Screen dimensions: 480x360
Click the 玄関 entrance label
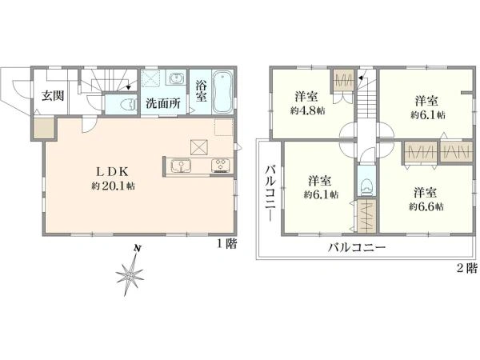53,96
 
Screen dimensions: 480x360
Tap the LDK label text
112,172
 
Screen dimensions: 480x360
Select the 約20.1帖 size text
113,186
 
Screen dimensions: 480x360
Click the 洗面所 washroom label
163,103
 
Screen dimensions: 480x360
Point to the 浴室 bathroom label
201,90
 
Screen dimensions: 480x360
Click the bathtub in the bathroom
223,92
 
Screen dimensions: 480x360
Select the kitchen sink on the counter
182,167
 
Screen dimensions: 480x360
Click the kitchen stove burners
221,166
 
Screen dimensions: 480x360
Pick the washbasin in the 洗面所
175,78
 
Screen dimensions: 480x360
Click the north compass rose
130,271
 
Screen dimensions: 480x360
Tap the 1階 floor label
227,244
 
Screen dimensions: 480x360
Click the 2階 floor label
467,269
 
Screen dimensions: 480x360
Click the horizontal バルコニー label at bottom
357,247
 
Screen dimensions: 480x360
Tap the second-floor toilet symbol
366,187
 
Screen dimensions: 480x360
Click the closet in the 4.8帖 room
343,81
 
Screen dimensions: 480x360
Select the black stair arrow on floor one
129,87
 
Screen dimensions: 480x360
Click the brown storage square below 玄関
44,128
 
